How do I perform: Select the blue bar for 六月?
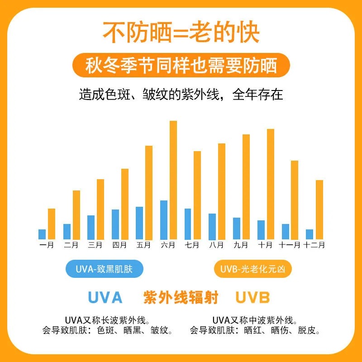pos(164,220)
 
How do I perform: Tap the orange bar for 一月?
pos(51,224)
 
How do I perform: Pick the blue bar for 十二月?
pos(310,234)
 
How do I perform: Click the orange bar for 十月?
pos(271,184)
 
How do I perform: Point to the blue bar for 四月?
pos(115,224)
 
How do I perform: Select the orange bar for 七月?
pos(197,195)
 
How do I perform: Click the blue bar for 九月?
pos(236,229)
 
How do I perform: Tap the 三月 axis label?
pos(95,245)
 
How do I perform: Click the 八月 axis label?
pos(216,245)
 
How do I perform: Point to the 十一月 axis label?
pos(290,245)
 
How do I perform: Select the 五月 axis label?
pos(143,245)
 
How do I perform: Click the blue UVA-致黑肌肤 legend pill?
pos(105,270)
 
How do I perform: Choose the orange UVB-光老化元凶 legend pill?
pos(252,270)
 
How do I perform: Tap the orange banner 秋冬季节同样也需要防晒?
pos(181,66)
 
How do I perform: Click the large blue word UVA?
pos(105,298)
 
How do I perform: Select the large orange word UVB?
pos(252,298)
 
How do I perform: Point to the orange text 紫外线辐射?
pos(181,298)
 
